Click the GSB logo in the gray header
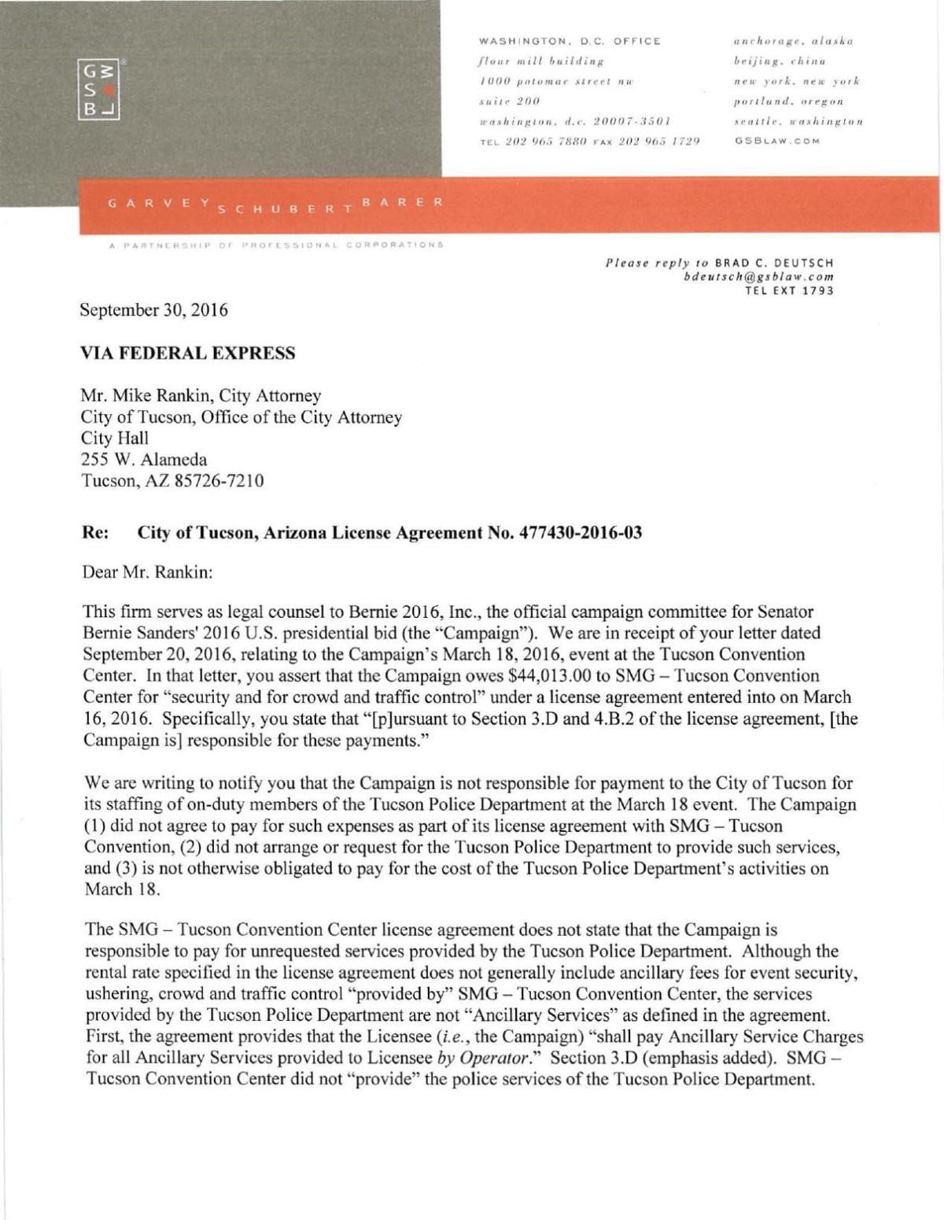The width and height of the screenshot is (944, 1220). (x=97, y=88)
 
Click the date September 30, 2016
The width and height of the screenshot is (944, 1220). (x=154, y=310)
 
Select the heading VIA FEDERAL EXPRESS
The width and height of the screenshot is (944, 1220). (x=188, y=353)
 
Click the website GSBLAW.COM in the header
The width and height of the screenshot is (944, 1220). (x=777, y=142)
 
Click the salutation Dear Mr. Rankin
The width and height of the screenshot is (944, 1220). (x=147, y=572)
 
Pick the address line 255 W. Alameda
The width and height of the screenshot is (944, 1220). (x=144, y=460)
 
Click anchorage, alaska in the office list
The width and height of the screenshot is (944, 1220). (x=793, y=41)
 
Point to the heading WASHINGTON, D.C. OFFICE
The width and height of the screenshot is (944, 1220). (x=570, y=41)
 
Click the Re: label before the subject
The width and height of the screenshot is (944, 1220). (x=95, y=533)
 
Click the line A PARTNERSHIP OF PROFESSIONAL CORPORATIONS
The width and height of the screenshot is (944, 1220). (x=277, y=245)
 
